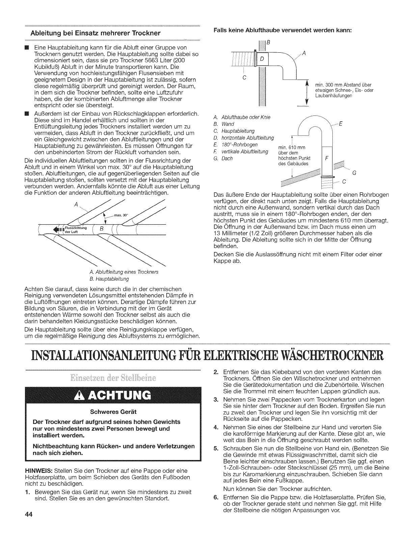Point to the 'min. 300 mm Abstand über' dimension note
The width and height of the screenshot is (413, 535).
click(x=345, y=85)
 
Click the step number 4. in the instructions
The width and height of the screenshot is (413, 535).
click(x=216, y=427)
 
